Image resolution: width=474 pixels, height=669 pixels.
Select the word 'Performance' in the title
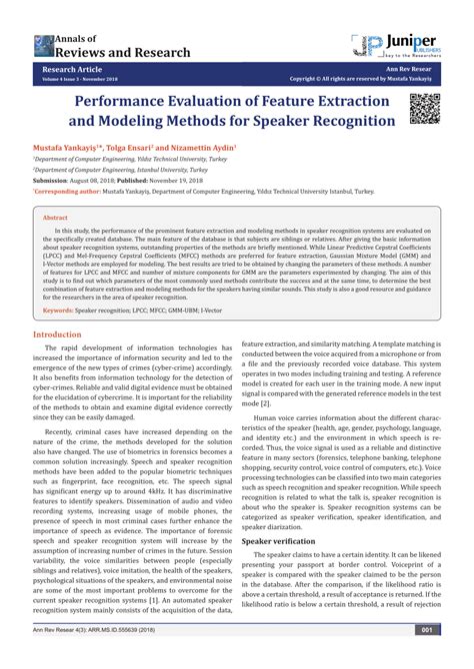coord(151,102)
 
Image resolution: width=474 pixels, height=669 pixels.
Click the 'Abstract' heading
coord(56,216)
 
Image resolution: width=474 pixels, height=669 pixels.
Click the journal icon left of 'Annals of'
coord(37,44)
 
